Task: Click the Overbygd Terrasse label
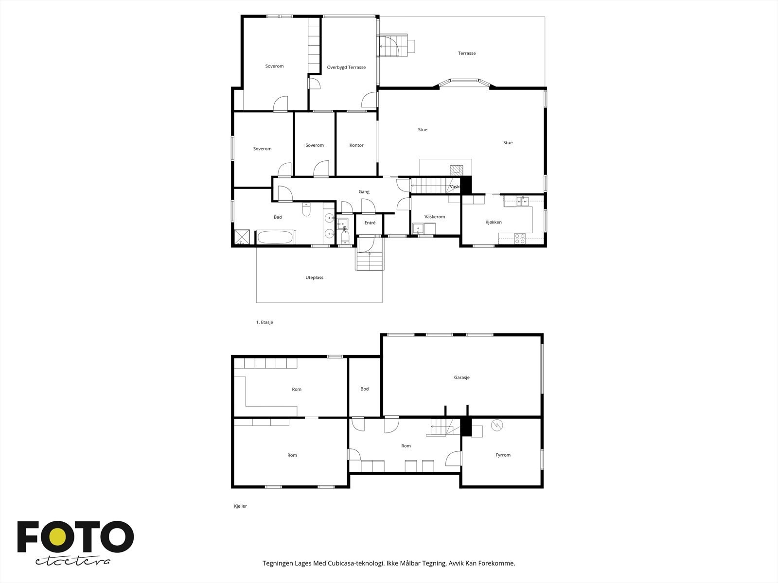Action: coord(346,68)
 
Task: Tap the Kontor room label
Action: coord(356,145)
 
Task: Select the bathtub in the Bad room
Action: coord(275,238)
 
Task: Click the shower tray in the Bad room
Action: coord(244,237)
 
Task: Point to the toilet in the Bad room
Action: coord(307,210)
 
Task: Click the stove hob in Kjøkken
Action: coord(520,238)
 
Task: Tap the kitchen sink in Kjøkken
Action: coord(522,201)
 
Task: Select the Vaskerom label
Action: coord(435,217)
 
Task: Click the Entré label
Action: coord(370,223)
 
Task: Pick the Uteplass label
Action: coord(314,278)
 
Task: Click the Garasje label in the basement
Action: coord(461,377)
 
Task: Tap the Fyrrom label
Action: coord(503,455)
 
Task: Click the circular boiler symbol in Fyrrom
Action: coord(497,426)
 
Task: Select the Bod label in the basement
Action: coord(364,389)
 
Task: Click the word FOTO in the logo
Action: coord(75,537)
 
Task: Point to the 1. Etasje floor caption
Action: coord(265,323)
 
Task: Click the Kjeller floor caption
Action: coord(240,506)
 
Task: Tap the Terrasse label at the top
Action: coord(466,53)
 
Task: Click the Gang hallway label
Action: coord(364,192)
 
